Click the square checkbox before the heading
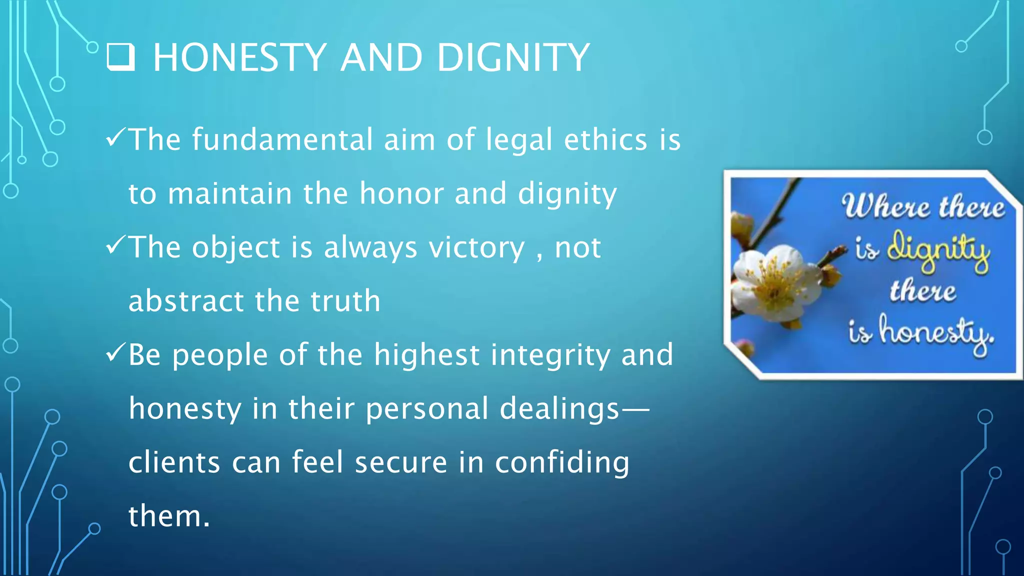point(120,57)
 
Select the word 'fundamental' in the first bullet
point(282,139)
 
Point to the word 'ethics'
point(605,139)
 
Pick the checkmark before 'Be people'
point(115,353)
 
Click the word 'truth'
point(345,301)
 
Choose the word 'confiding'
point(562,463)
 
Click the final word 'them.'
point(169,516)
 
